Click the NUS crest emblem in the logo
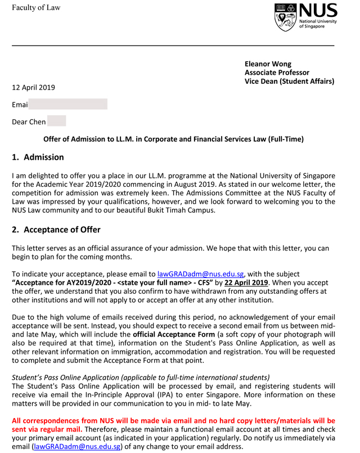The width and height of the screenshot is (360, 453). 286,17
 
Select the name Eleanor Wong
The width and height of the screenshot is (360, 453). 268,64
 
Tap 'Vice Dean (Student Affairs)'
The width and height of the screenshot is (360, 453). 289,82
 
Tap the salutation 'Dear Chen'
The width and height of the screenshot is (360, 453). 29,122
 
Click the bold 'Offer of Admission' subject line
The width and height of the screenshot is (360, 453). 173,139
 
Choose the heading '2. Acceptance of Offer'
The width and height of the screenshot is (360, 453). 56,230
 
